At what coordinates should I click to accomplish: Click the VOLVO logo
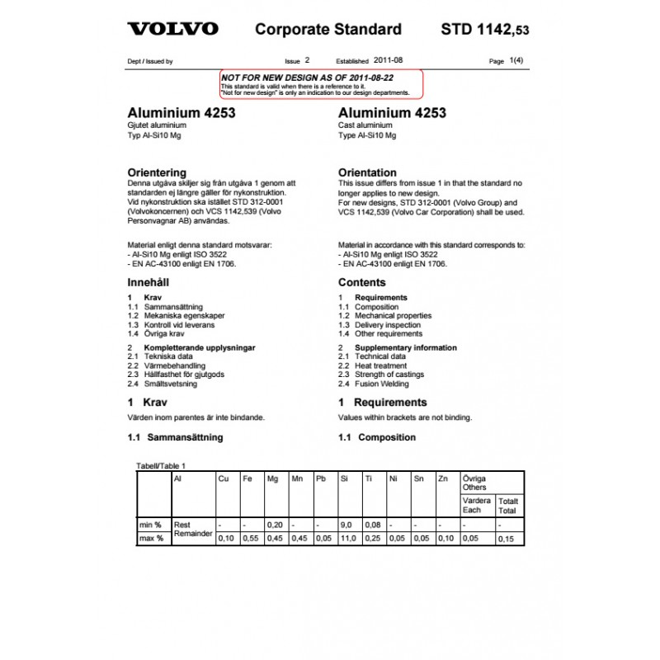172,29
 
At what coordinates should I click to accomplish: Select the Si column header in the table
344,478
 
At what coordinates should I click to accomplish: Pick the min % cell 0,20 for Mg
275,525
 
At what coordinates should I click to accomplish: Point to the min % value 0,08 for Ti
372,525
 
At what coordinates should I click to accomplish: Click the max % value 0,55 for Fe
250,539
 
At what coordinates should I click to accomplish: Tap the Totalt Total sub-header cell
508,506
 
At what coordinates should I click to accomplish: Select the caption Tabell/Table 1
162,466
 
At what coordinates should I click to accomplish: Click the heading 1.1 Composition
377,437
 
